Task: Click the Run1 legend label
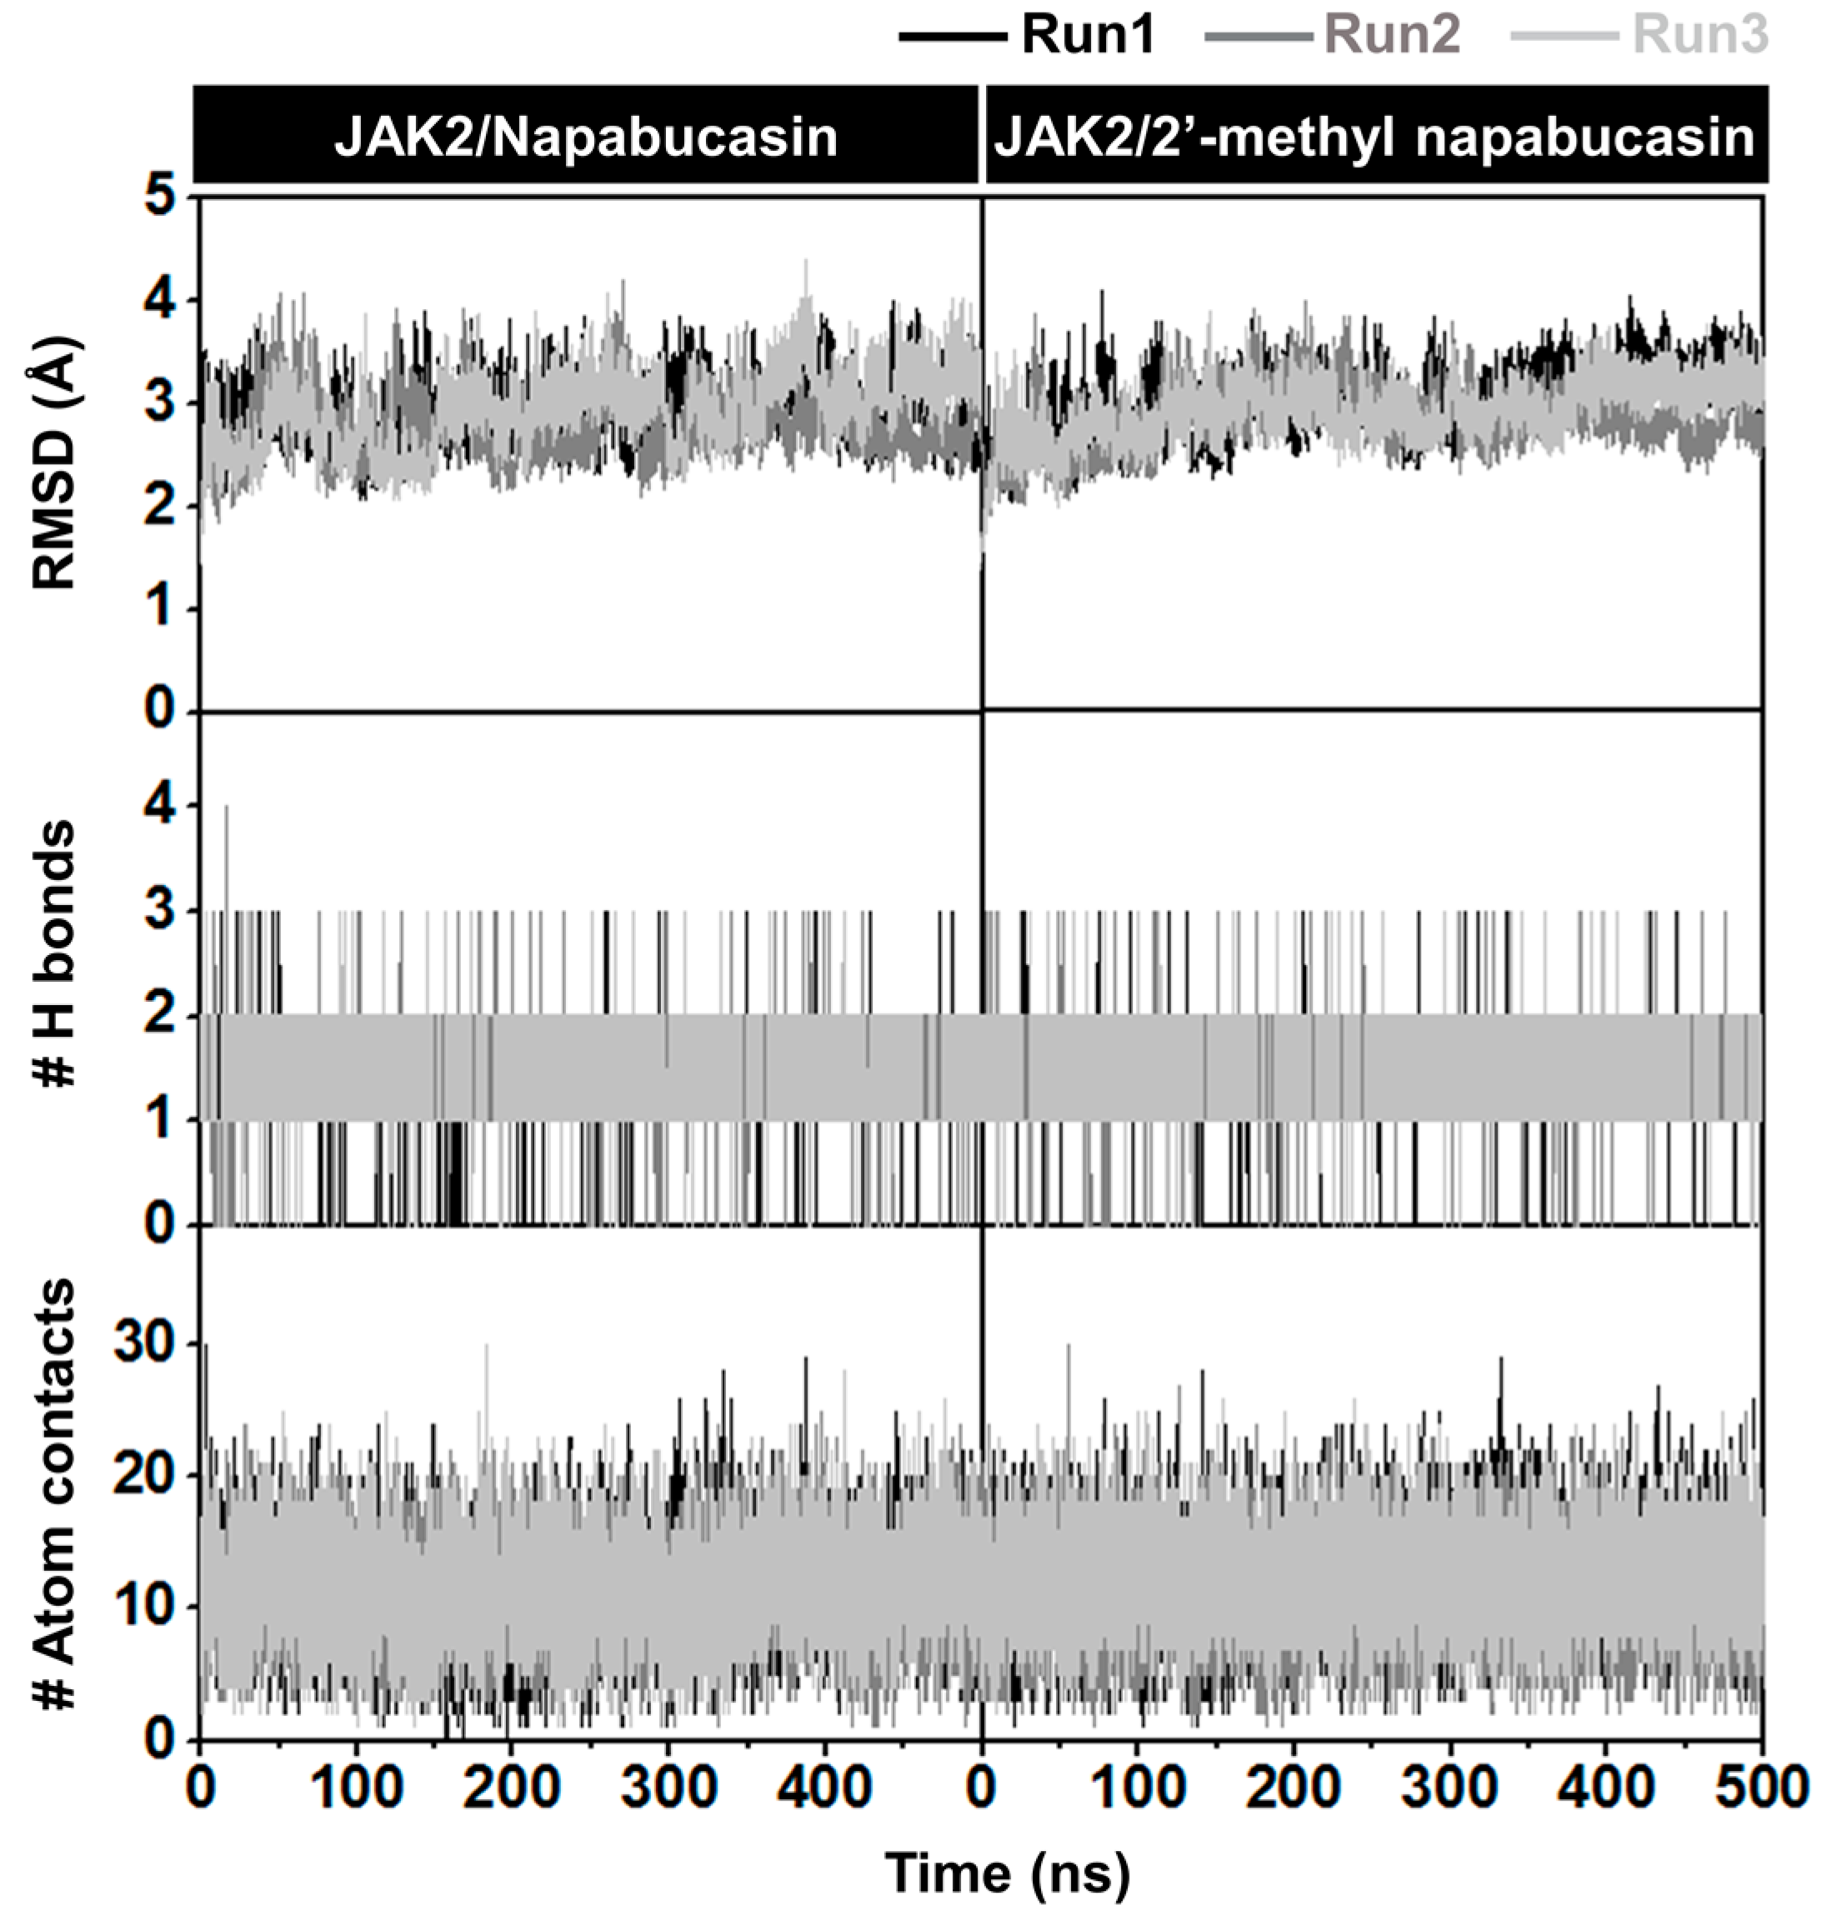(x=1088, y=37)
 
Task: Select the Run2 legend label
(x=1392, y=37)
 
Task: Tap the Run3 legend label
(x=1700, y=37)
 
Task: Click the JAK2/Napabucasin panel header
(x=586, y=137)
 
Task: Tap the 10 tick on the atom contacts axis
(x=143, y=1608)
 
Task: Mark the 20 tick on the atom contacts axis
(x=143, y=1477)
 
